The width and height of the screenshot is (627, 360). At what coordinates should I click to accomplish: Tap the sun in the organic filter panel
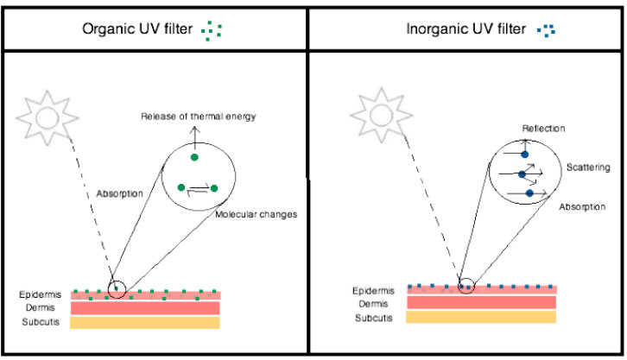(x=47, y=116)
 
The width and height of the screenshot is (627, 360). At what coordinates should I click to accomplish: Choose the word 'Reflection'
(x=543, y=128)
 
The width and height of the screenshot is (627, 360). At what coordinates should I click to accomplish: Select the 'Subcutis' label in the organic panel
(x=41, y=322)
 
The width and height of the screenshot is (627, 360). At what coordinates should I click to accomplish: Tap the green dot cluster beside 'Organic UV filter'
(x=212, y=30)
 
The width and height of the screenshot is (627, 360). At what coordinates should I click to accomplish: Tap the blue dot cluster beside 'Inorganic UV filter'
(x=546, y=30)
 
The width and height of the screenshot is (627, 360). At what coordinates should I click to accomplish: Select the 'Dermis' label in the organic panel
(x=37, y=308)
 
